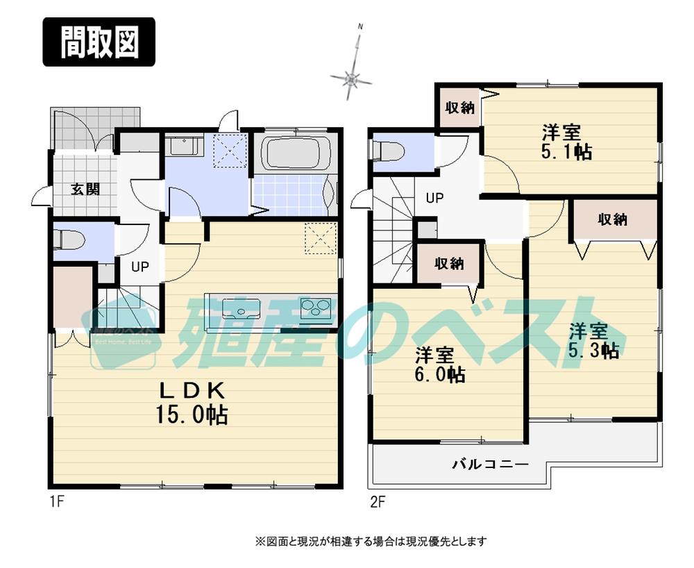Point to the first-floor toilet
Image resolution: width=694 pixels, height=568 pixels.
click(70, 240)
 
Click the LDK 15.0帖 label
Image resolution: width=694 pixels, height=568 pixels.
click(192, 403)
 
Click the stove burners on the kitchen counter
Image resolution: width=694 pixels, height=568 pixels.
click(318, 306)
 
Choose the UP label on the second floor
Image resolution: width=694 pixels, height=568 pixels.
click(434, 198)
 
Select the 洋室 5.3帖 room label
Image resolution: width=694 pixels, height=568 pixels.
click(593, 340)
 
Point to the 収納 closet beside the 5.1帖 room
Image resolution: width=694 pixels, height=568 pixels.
click(459, 108)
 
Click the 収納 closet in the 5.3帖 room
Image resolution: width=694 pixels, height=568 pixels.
click(613, 219)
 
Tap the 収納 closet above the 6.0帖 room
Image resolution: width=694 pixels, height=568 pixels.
click(449, 263)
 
